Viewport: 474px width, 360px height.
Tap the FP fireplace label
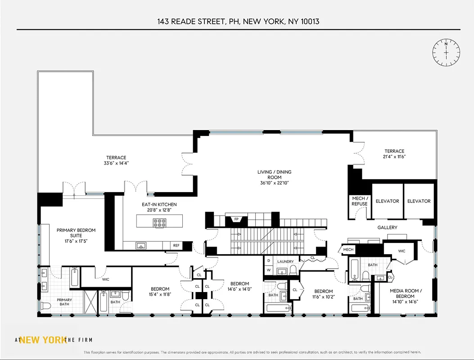pyautogui.click(x=236, y=220)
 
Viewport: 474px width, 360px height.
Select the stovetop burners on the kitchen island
pyautogui.click(x=159, y=221)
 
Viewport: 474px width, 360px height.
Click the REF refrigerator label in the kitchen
pyautogui.click(x=176, y=246)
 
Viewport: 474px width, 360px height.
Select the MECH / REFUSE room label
pyautogui.click(x=359, y=201)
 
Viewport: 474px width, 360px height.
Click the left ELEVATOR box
pyautogui.click(x=387, y=201)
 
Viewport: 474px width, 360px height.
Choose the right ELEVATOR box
pyautogui.click(x=419, y=201)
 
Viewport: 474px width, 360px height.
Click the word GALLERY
pyautogui.click(x=387, y=228)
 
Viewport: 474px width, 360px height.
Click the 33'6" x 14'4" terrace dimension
pyautogui.click(x=116, y=163)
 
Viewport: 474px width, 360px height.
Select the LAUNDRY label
pyautogui.click(x=285, y=261)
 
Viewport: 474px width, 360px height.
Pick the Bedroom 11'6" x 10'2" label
pyautogui.click(x=323, y=294)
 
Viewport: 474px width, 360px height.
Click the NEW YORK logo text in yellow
pyautogui.click(x=43, y=340)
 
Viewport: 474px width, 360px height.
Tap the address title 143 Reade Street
pyautogui.click(x=238, y=21)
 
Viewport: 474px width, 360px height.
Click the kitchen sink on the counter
pyautogui.click(x=141, y=246)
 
